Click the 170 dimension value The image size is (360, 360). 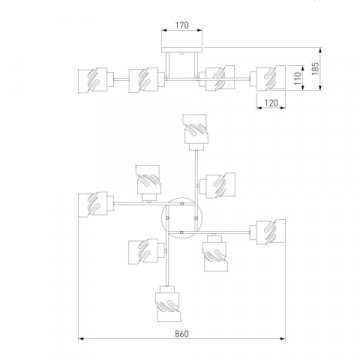(182, 25)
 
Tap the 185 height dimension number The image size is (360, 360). (315, 69)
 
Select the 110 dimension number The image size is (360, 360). (298, 78)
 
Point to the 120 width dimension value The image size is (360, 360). (271, 103)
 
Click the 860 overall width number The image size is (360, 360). (182, 334)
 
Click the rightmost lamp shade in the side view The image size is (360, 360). (271, 78)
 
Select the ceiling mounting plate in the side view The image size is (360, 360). (182, 50)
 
